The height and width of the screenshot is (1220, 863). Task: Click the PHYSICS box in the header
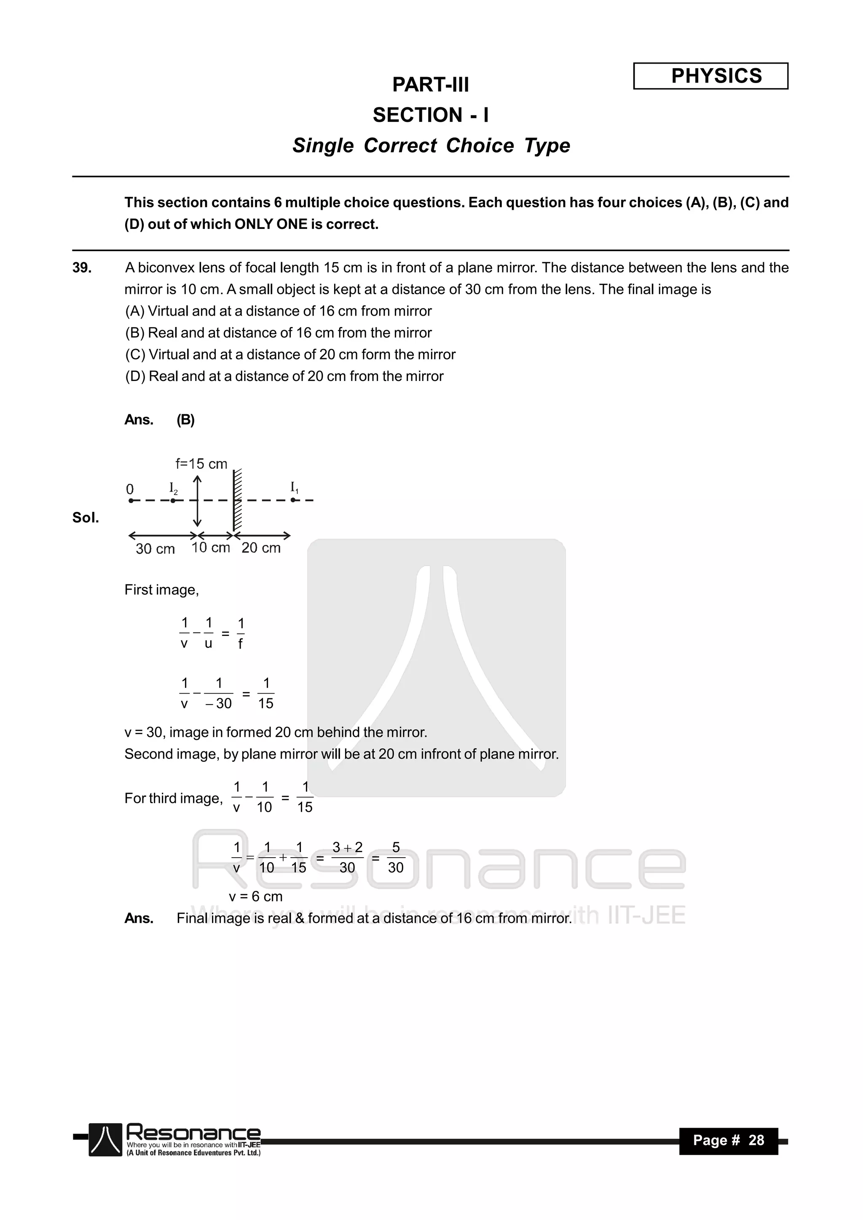pyautogui.click(x=710, y=76)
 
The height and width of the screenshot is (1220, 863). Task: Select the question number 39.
pyautogui.click(x=82, y=268)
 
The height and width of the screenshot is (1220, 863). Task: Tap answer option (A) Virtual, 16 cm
pyautogui.click(x=279, y=311)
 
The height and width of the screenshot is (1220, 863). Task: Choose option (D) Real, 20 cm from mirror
pyautogui.click(x=284, y=376)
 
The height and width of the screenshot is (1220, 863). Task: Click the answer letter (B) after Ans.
pyautogui.click(x=185, y=420)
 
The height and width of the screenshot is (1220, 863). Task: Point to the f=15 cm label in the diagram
pyautogui.click(x=201, y=464)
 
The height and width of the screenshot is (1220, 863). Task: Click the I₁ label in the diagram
pyautogui.click(x=294, y=487)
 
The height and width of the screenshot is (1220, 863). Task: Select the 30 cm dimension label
pyautogui.click(x=155, y=549)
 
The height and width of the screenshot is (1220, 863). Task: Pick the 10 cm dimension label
pyautogui.click(x=210, y=548)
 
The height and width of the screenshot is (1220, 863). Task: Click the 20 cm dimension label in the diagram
pyautogui.click(x=261, y=548)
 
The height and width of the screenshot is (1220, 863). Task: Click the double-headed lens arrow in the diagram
pyautogui.click(x=197, y=501)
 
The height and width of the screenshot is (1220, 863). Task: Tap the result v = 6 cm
pyautogui.click(x=256, y=896)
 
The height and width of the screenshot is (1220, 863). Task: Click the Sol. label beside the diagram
pyautogui.click(x=86, y=518)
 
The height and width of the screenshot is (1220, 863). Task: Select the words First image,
pyautogui.click(x=161, y=590)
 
